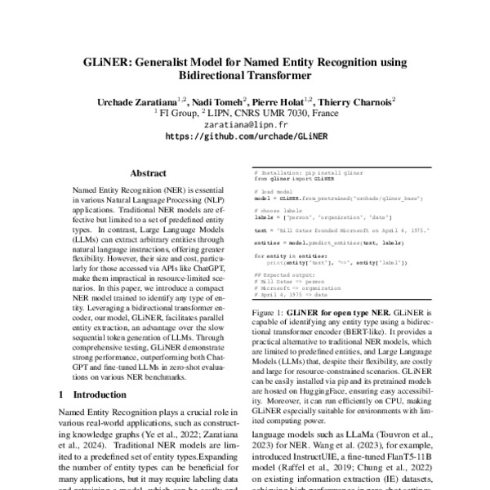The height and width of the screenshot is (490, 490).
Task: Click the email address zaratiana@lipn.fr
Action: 245,127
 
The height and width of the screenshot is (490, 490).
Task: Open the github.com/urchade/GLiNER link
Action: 245,139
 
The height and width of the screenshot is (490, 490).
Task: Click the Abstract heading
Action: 149,174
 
